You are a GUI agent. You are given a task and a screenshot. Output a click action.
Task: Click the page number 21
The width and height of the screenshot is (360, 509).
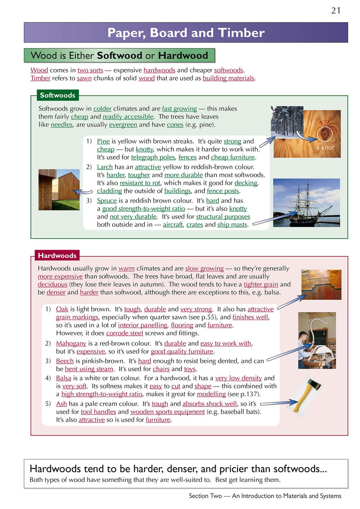pos(336,10)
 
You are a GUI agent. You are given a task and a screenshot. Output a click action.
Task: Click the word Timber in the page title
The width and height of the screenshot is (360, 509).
pos(241,33)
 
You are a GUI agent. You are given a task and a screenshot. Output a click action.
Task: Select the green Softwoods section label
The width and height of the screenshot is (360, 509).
pos(57,95)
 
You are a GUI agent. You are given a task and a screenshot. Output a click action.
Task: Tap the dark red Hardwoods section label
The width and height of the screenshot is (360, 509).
pos(57,256)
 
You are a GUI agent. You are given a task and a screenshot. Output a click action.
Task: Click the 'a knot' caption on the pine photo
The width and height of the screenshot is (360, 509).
pos(325,147)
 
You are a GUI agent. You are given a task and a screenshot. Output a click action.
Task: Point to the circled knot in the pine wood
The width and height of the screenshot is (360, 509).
pos(325,134)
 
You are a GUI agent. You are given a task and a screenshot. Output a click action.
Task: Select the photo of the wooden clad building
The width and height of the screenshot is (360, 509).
pos(59,189)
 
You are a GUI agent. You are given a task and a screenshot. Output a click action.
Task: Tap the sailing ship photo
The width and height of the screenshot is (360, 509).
pos(306,202)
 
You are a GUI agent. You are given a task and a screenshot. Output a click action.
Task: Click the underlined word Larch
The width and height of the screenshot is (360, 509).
pos(105,167)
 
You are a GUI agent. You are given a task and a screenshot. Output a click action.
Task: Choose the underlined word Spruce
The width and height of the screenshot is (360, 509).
pos(107,201)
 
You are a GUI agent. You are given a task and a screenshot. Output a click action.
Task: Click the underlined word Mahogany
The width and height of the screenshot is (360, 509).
pos(71,343)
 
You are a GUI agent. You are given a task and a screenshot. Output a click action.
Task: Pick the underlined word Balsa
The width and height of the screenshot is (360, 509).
pos(63,378)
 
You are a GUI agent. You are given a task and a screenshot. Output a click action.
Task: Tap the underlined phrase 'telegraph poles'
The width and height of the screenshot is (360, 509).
pos(153,157)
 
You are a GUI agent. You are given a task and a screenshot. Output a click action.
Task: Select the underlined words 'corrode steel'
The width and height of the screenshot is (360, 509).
pos(124,333)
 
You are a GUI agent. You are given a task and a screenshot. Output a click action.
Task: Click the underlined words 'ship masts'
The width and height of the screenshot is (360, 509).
pos(232,225)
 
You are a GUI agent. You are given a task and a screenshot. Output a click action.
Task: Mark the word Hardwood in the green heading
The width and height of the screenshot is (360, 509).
pos(183,56)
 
